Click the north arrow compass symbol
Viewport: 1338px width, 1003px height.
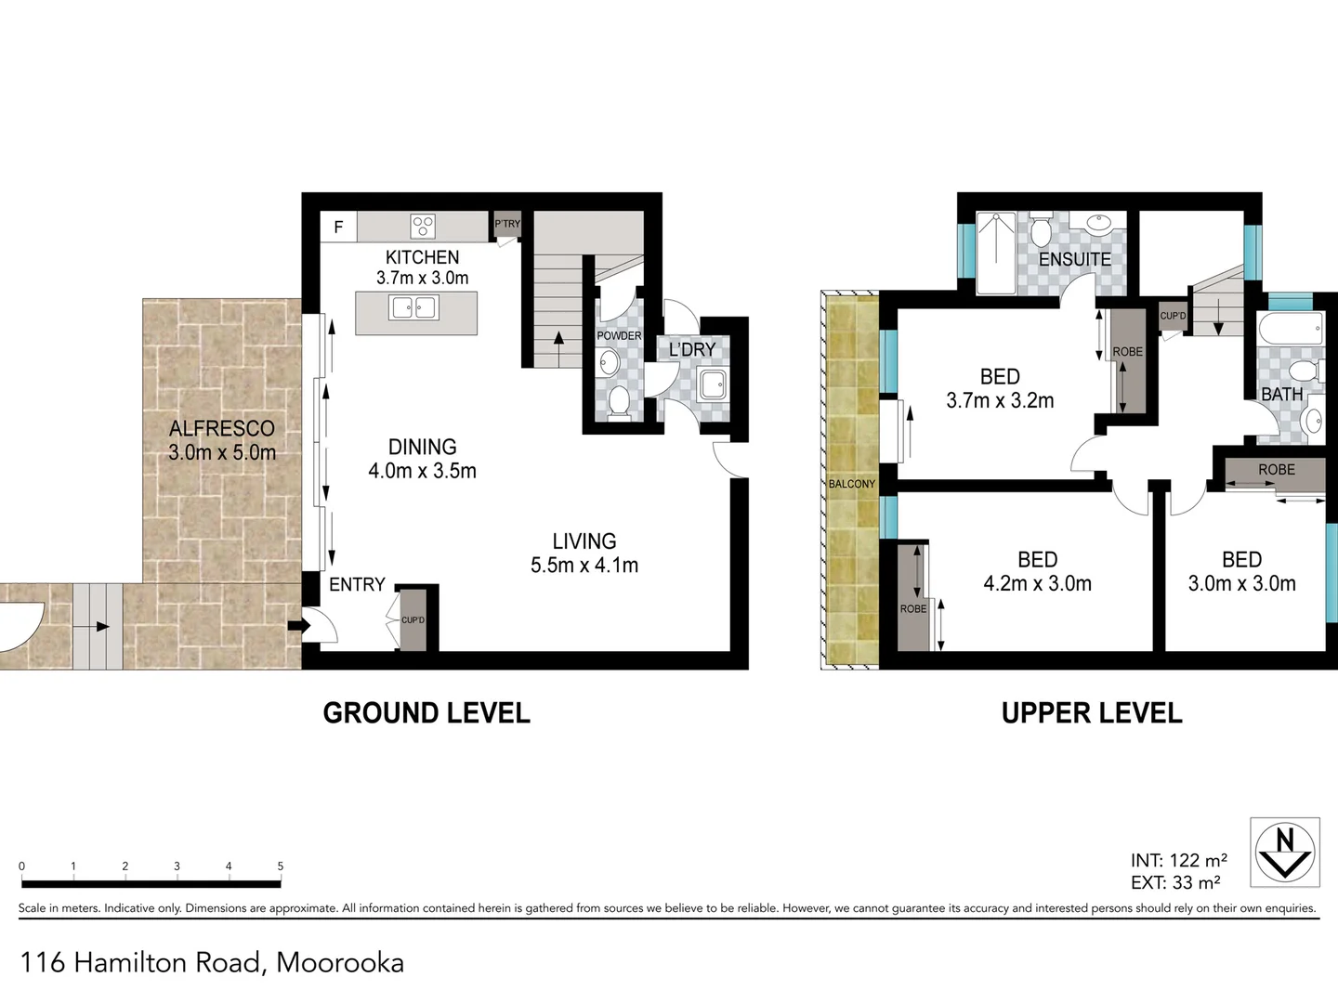(1285, 852)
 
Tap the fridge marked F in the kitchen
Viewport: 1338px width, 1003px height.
(338, 227)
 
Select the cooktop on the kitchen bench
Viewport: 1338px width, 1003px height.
(423, 226)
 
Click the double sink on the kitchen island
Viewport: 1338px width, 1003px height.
(414, 306)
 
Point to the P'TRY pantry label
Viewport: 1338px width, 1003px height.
(507, 224)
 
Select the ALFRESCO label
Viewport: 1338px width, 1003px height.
(222, 428)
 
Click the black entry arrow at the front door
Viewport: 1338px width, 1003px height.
(297, 626)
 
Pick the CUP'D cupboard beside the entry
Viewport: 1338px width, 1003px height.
(413, 619)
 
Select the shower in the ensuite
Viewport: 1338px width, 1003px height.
(996, 253)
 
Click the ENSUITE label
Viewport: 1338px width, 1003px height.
(1074, 259)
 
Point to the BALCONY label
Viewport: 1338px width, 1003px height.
(851, 484)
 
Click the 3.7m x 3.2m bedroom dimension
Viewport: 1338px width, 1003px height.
(1000, 401)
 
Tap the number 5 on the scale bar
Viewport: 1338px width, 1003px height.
(280, 866)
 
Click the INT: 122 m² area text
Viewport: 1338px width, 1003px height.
(1178, 860)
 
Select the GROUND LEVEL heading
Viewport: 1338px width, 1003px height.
(426, 713)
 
